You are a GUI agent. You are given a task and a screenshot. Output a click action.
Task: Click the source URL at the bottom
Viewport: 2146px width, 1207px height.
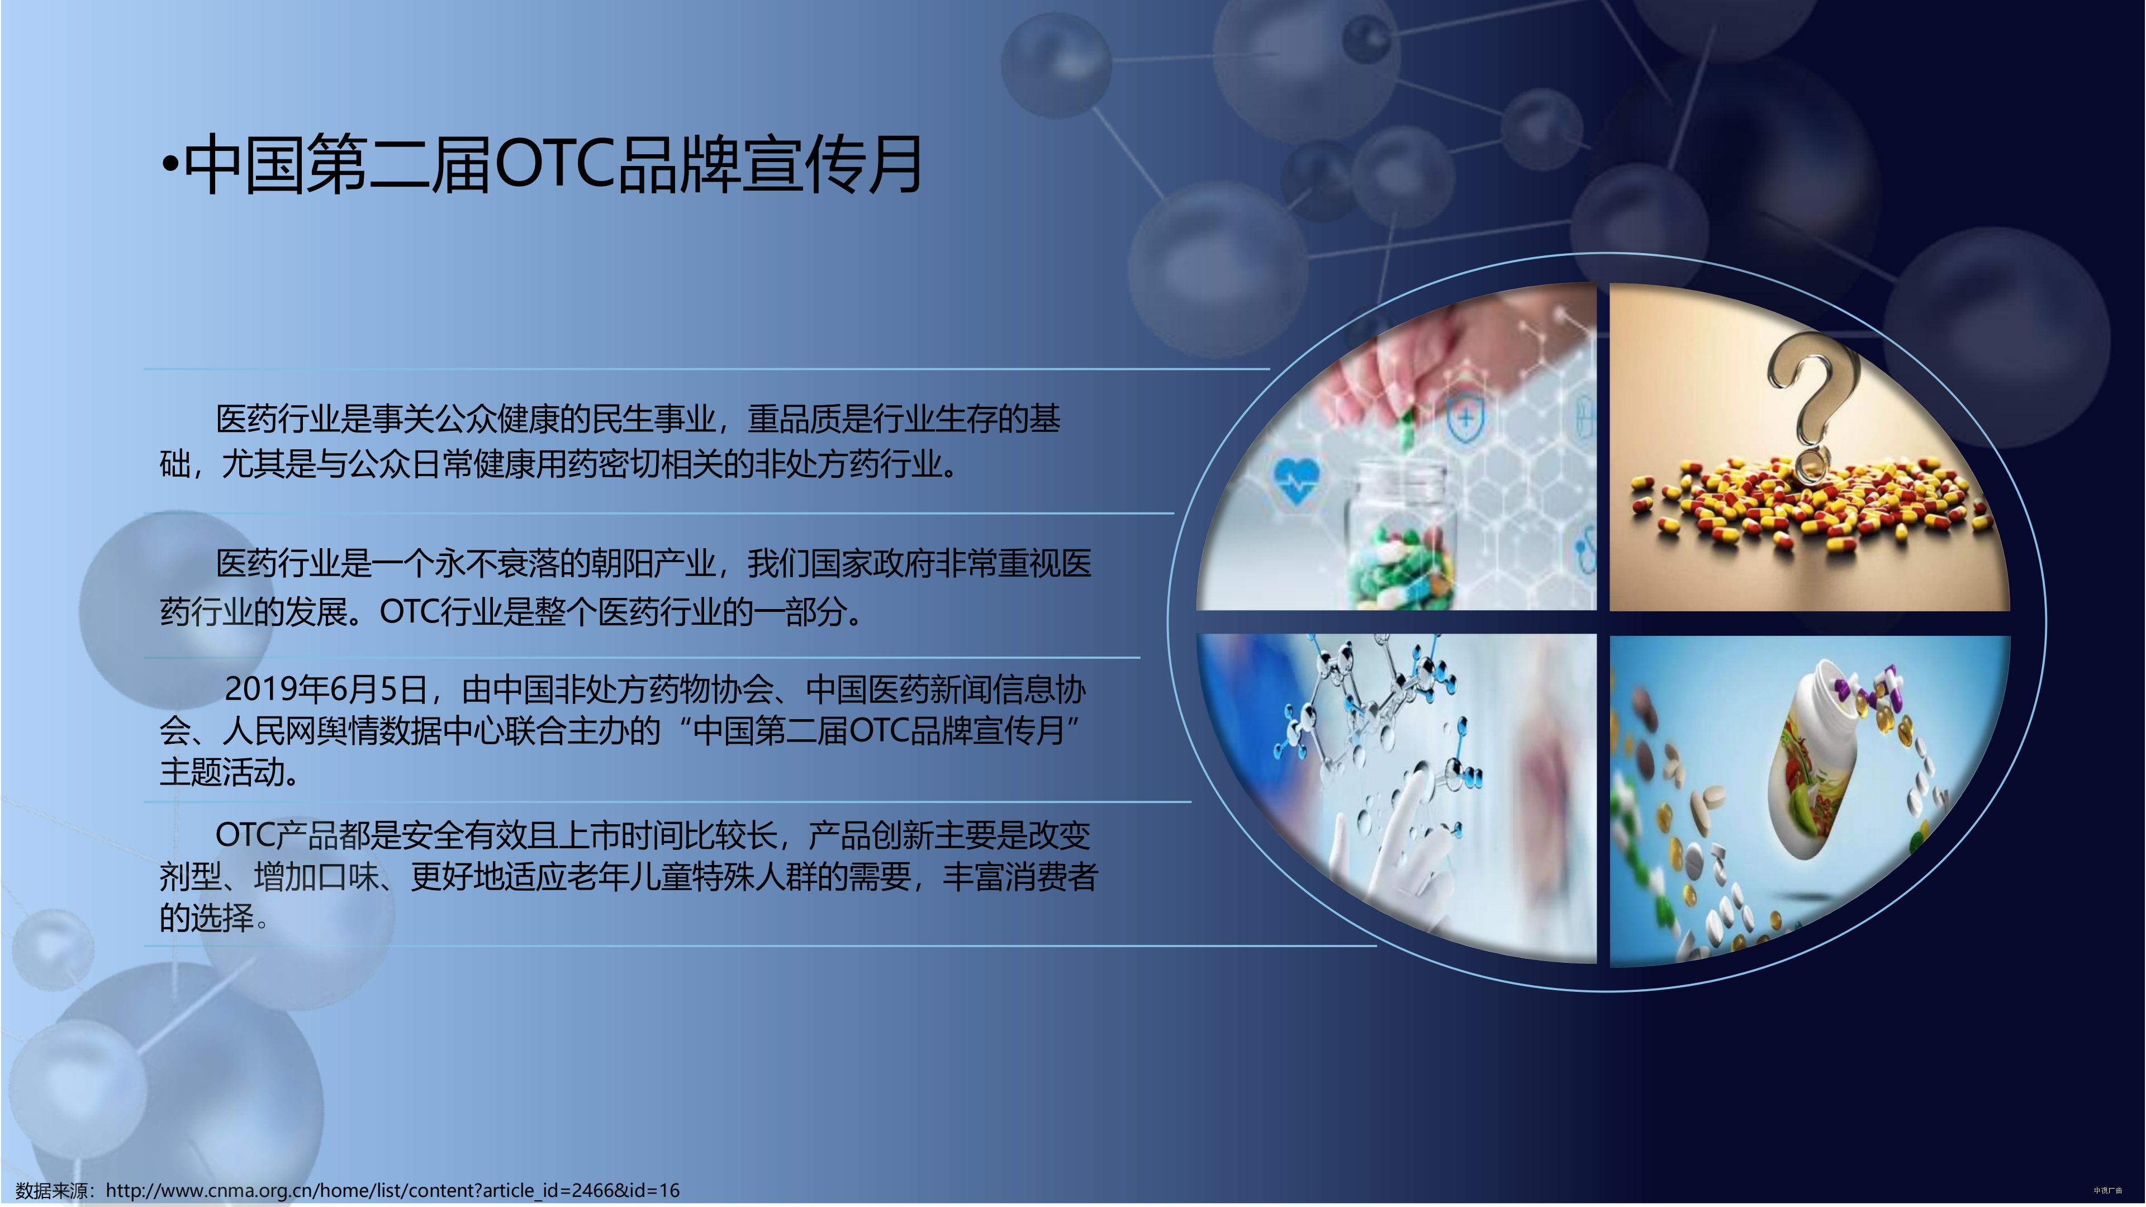click(x=392, y=1190)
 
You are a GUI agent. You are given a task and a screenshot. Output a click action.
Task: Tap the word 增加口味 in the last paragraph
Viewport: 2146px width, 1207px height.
click(x=316, y=876)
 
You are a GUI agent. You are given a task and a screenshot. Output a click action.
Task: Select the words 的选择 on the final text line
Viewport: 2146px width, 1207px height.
click(x=207, y=918)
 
